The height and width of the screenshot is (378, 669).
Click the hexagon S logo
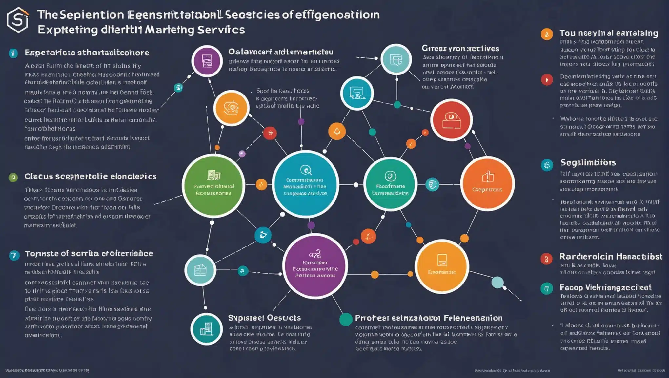[18, 20]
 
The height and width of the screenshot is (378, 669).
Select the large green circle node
[213, 185]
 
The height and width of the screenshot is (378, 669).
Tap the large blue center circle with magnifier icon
[305, 184]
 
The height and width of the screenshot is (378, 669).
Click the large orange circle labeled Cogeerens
[487, 183]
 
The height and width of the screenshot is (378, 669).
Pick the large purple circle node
[315, 266]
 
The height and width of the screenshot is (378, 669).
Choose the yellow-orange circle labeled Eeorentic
[442, 266]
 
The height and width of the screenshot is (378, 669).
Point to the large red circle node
[451, 120]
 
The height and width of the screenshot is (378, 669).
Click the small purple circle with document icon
[207, 61]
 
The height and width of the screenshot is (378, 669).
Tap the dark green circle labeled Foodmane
[390, 184]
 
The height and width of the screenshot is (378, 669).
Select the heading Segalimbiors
[588, 162]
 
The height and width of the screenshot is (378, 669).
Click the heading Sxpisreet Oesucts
[264, 318]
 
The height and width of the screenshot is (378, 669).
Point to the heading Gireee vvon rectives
[460, 49]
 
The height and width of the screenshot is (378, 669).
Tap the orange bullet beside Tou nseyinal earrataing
[547, 34]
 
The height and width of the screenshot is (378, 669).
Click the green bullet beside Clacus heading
[13, 178]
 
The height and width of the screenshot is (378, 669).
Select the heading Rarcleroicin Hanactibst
[611, 256]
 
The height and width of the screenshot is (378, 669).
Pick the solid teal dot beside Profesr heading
[346, 319]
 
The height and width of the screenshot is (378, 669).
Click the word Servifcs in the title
[221, 30]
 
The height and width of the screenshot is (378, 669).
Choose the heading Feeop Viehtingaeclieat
[605, 287]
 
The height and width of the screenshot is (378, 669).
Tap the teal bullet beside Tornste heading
[14, 255]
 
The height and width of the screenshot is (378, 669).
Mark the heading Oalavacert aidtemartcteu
[281, 52]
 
